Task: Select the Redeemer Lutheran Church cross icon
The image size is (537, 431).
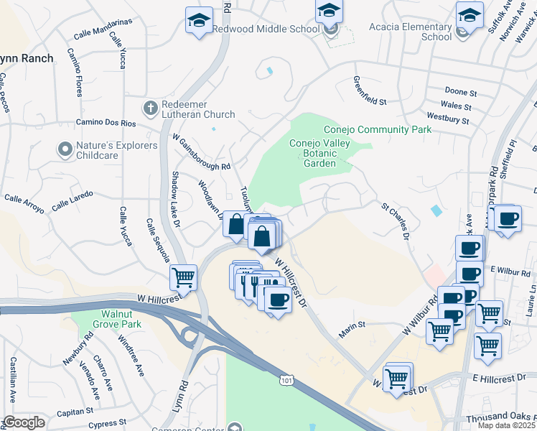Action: [x=150, y=108]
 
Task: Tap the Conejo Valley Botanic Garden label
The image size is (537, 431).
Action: [x=312, y=153]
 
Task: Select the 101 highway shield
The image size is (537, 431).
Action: [x=287, y=379]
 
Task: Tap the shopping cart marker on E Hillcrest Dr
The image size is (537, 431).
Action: [x=397, y=377]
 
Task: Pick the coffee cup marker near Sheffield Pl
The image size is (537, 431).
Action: [x=508, y=218]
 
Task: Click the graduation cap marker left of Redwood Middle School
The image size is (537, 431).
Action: [x=199, y=20]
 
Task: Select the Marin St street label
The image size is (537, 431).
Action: [x=352, y=325]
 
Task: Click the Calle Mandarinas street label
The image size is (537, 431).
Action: [x=103, y=29]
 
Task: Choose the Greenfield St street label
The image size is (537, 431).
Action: [x=370, y=91]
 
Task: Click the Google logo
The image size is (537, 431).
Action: [x=24, y=422]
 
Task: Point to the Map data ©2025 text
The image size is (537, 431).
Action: [x=506, y=425]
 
